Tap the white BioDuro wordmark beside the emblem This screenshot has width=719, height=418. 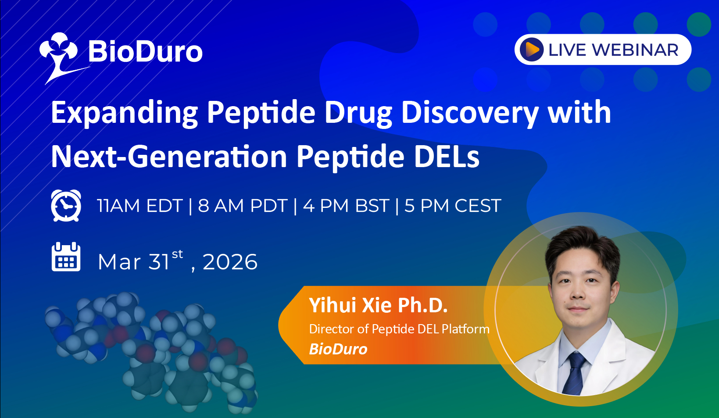point(145,52)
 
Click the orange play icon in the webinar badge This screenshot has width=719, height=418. point(532,50)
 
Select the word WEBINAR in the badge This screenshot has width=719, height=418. point(635,50)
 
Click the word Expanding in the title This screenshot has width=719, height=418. point(124,113)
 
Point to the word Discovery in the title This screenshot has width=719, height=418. point(470,113)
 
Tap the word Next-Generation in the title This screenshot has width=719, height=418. point(169,157)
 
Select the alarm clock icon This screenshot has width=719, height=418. point(66,205)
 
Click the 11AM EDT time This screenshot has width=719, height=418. point(140,206)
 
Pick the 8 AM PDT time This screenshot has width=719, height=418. point(243,206)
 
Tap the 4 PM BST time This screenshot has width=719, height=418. point(346,206)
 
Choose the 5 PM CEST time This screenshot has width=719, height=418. point(453,206)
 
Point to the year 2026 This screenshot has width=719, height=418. point(230,262)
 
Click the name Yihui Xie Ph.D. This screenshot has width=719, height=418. point(378,305)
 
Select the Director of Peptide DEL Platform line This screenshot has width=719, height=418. point(399,329)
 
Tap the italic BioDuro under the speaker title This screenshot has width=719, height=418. point(338,349)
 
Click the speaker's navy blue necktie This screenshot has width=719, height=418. point(574,373)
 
